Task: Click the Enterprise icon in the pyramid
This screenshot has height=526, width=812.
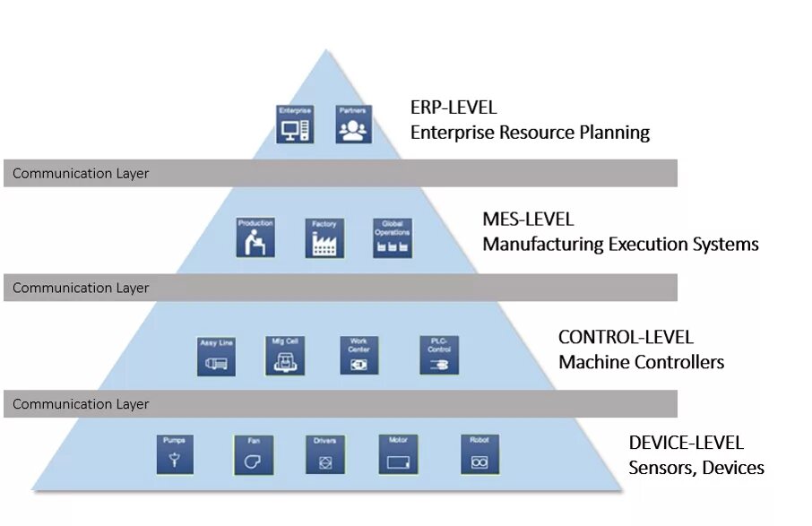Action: (295, 125)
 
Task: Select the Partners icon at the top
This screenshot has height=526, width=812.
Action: (352, 125)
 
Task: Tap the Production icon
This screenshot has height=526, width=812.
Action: (255, 237)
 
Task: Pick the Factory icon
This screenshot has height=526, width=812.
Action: (324, 237)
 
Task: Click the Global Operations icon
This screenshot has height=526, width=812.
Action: (393, 237)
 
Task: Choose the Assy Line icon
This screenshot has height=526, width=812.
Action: (216, 357)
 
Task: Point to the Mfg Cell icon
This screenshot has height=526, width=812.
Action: (286, 355)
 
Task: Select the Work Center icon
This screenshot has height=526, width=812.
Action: (358, 355)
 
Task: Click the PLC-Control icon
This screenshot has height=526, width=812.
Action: (439, 355)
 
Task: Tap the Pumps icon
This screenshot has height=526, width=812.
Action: (174, 455)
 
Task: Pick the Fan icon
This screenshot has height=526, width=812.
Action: (253, 455)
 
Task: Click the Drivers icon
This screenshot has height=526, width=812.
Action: (324, 455)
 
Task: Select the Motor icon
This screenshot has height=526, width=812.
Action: (398, 455)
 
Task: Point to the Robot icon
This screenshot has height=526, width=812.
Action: (479, 455)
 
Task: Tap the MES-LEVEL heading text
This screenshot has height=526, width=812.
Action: (528, 220)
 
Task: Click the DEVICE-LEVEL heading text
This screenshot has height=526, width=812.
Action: (686, 444)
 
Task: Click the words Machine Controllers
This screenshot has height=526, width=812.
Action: (641, 363)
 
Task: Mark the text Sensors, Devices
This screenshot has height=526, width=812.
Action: (696, 468)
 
